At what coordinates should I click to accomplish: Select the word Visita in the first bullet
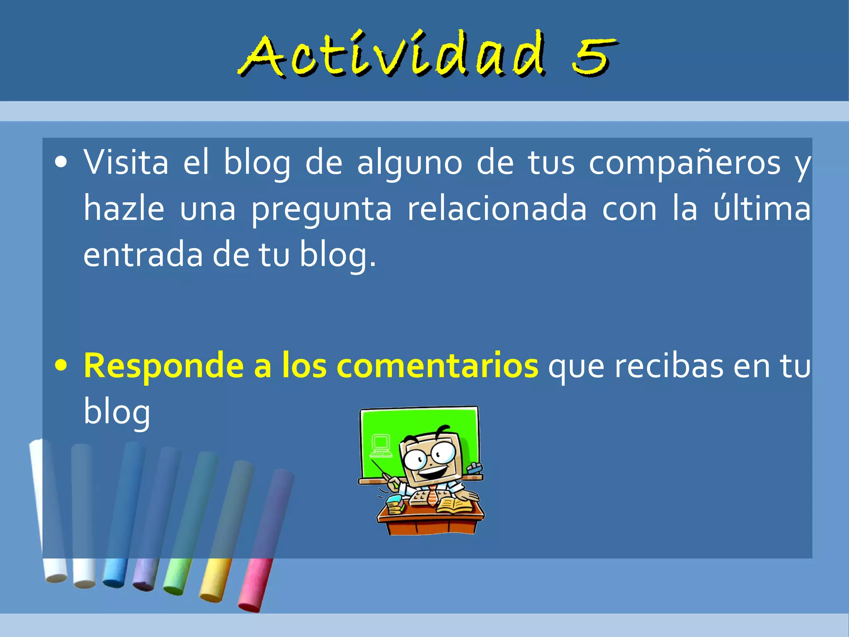pyautogui.click(x=126, y=162)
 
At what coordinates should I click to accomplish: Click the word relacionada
pyautogui.click(x=497, y=209)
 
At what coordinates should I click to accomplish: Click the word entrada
pyautogui.click(x=143, y=255)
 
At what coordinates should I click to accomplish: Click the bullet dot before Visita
pyautogui.click(x=61, y=163)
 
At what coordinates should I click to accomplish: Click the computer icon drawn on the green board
pyautogui.click(x=381, y=445)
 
